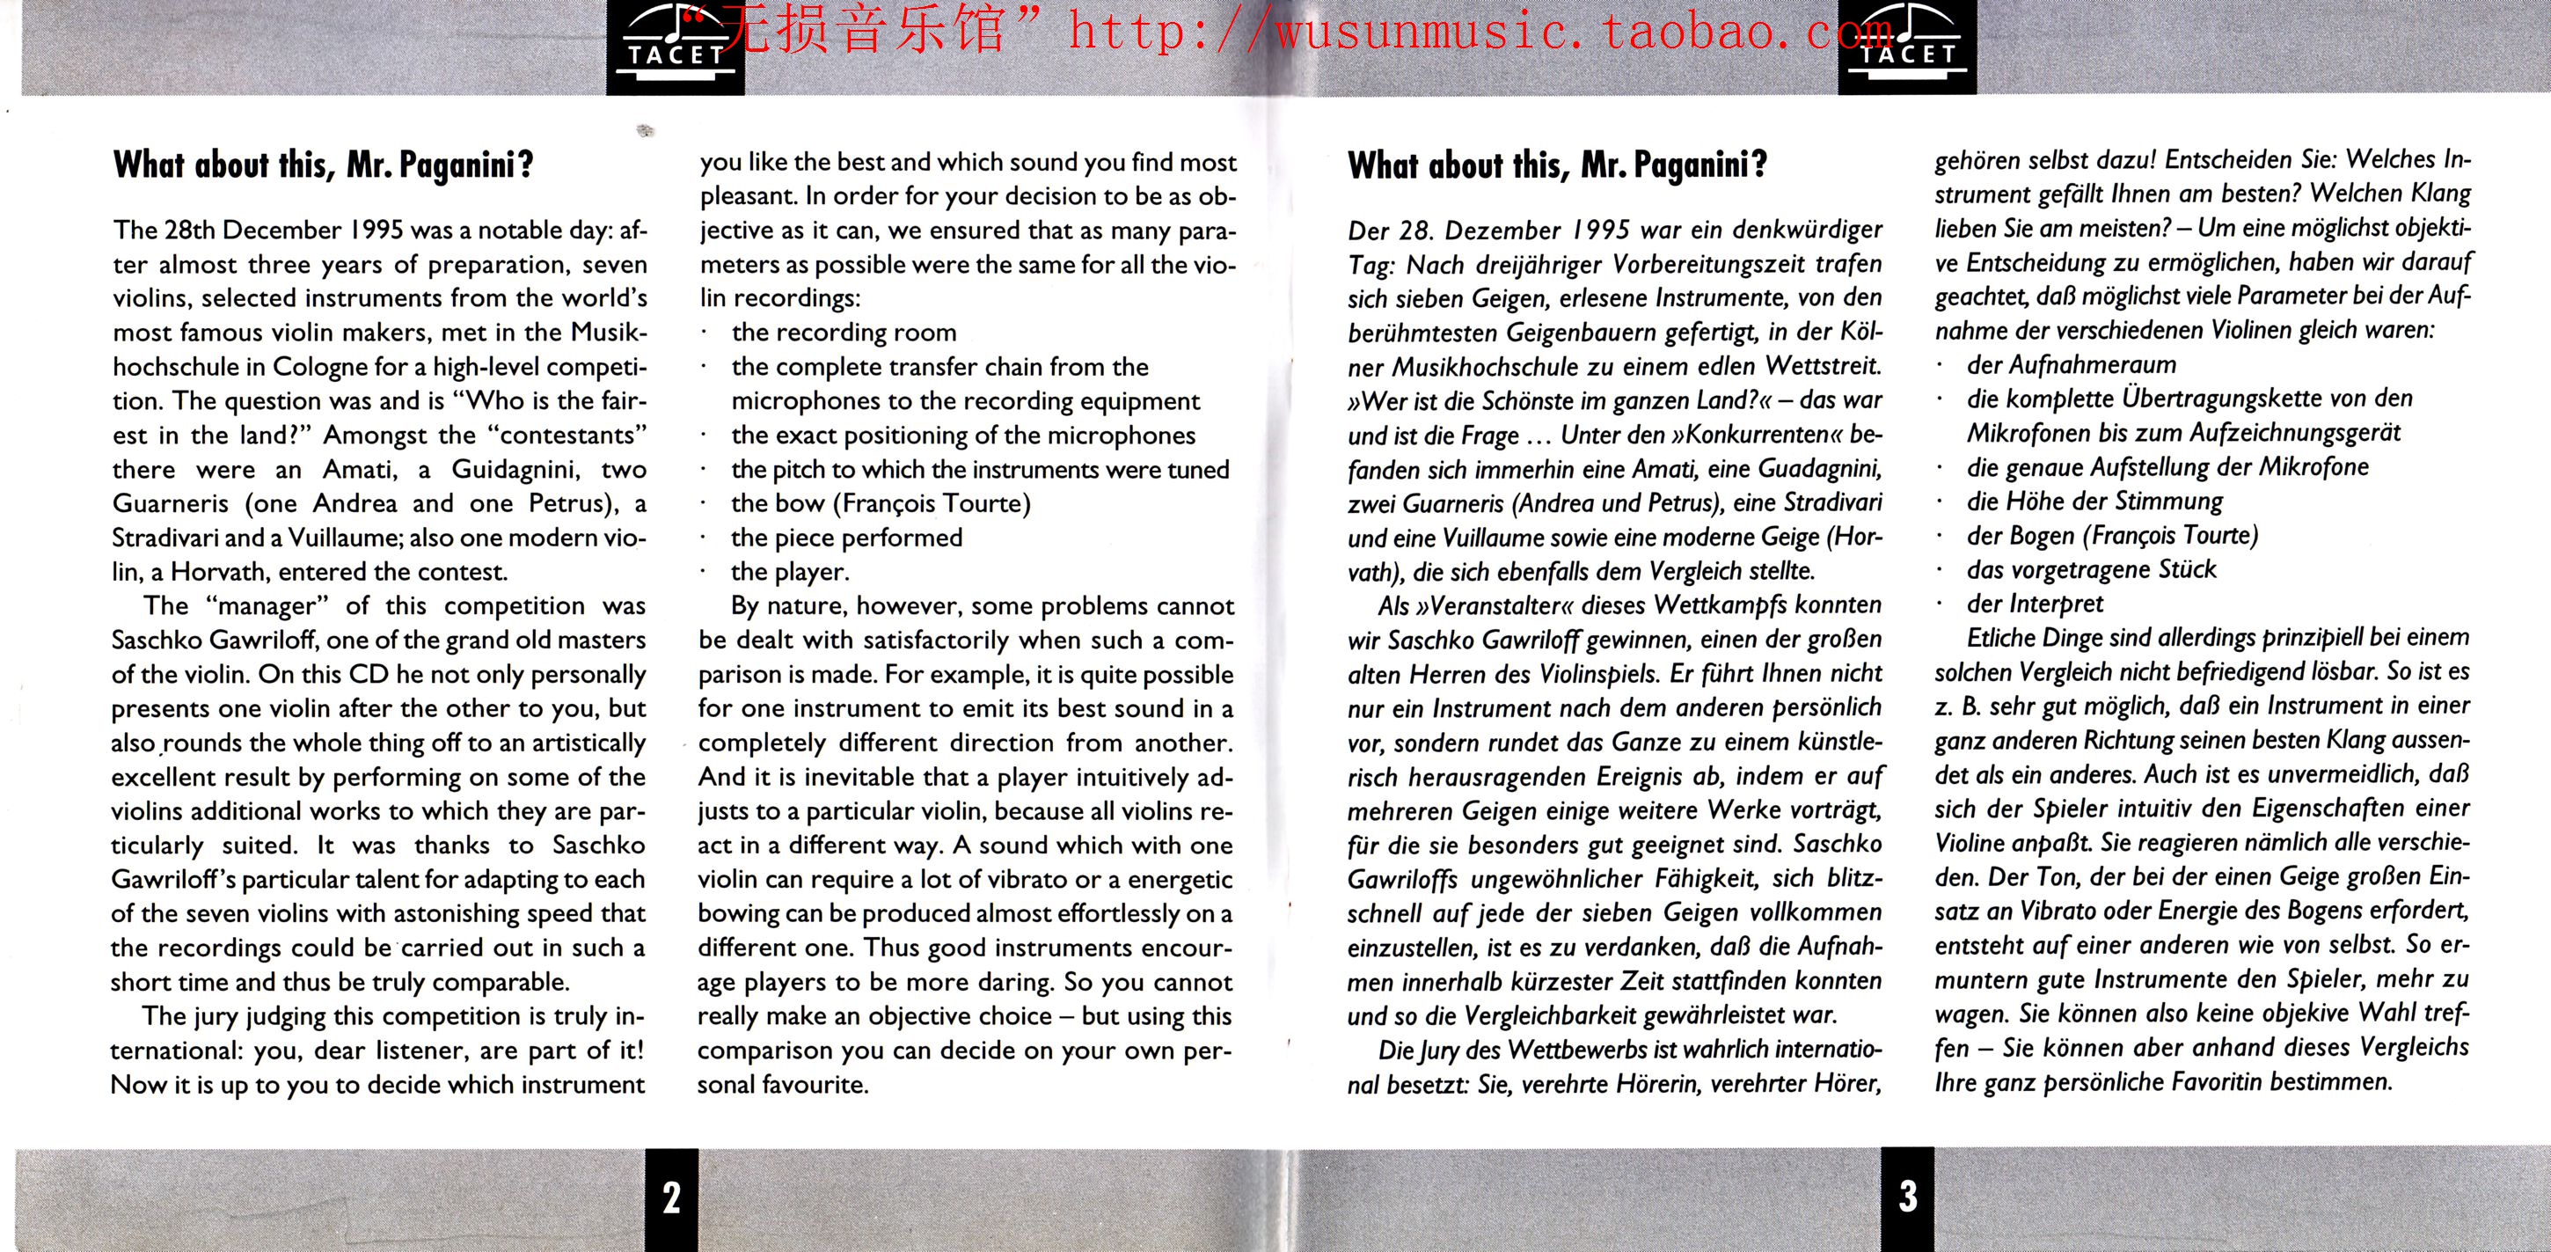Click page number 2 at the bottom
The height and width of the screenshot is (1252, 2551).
[x=671, y=1197]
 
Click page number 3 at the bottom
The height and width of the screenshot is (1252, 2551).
[x=1907, y=1196]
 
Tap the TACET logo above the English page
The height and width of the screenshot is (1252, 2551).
[x=675, y=46]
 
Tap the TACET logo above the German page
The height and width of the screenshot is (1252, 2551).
[x=1907, y=46]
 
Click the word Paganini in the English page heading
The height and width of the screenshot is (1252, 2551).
[x=465, y=165]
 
